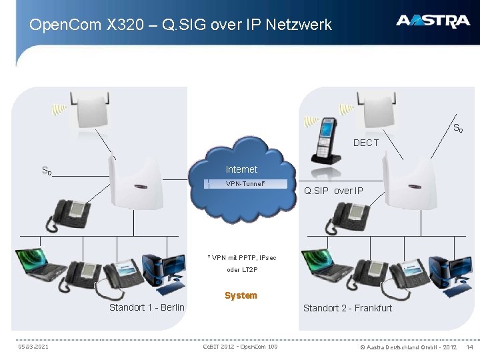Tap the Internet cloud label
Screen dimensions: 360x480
pos(241,169)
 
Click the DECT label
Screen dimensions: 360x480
pos(366,143)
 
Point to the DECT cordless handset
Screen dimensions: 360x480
pos(327,139)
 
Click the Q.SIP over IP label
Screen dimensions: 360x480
pos(333,191)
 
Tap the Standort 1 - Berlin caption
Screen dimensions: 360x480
pos(147,307)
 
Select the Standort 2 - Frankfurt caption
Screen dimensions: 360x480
pos(347,307)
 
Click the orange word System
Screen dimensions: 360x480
pos(241,295)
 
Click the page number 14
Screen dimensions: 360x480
pos(469,347)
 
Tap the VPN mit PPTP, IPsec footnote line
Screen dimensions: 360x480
pos(241,257)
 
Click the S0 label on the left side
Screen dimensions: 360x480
pos(47,171)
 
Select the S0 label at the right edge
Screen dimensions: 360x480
pos(457,127)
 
